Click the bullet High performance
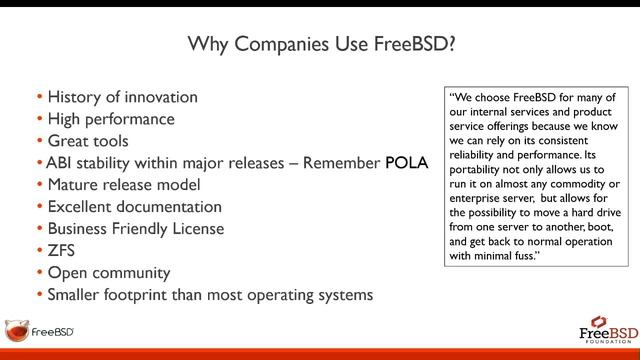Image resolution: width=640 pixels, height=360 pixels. (x=111, y=119)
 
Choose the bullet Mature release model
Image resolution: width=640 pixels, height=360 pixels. (x=124, y=185)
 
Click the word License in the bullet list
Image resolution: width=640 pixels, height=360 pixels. (x=196, y=229)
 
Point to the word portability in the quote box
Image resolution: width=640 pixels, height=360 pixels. (x=482, y=170)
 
